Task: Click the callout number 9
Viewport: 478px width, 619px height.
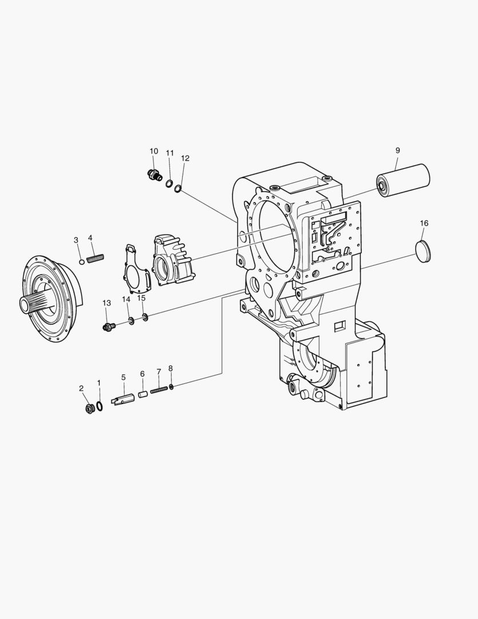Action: coord(397,150)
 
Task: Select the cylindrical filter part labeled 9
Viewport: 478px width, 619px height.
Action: coord(402,181)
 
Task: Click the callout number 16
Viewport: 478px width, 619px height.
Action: coord(424,224)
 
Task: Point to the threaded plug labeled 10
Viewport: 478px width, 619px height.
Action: coord(154,175)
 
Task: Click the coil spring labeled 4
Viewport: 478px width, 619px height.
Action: coord(96,258)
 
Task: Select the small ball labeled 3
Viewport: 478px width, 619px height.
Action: coord(82,262)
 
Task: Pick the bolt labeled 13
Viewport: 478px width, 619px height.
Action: coord(108,327)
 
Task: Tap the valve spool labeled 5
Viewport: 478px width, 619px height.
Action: coord(124,399)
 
